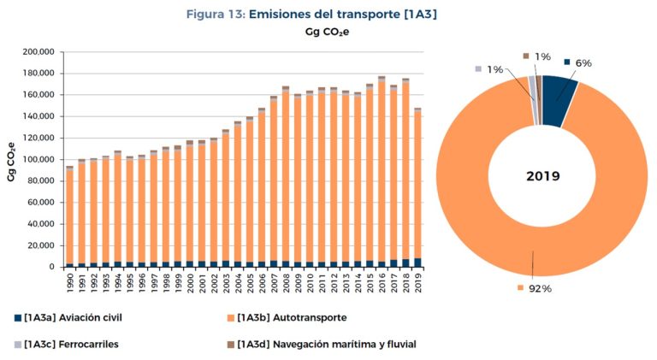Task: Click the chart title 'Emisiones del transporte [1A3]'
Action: pos(343,15)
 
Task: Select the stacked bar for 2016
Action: pos(382,172)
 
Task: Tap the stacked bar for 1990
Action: pos(69,216)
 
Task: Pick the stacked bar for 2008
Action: pos(286,177)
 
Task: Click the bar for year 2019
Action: pos(417,187)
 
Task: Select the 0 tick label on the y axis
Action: pos(51,267)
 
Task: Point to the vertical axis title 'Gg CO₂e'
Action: pos(11,162)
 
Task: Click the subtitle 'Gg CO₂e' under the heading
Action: pos(328,32)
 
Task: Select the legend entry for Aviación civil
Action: pos(68,318)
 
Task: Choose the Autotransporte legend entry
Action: pos(287,318)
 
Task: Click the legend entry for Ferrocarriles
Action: pos(67,345)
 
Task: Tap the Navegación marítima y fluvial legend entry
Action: pos(322,345)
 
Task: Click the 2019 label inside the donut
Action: pos(543,176)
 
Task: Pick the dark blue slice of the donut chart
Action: pos(559,100)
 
